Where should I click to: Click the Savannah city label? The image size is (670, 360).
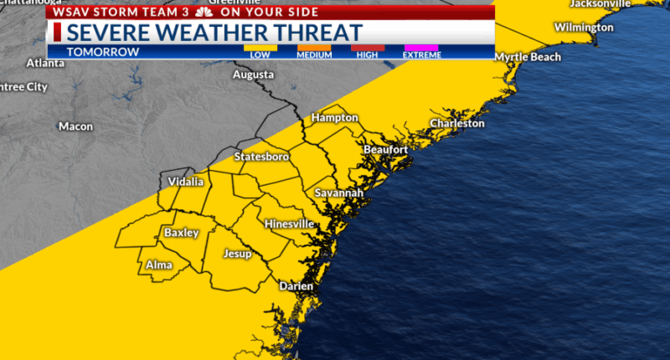339,193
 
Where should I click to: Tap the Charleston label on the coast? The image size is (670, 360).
457,123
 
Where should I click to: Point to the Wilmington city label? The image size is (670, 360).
584,28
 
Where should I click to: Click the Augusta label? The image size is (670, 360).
254,75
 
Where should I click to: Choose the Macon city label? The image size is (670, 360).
75,126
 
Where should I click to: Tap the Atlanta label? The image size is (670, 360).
45,63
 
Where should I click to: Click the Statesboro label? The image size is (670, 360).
261,157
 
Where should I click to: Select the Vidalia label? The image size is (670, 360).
185,182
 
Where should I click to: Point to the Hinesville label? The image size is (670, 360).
289,224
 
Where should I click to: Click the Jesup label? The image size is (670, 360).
238,253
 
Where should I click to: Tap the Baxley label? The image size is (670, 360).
181,233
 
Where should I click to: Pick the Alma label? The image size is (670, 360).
159,265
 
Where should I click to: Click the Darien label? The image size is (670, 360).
296,286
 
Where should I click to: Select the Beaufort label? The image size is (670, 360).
386,149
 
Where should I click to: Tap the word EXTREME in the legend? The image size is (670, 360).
422,55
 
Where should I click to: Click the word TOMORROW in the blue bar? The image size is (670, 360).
103,52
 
